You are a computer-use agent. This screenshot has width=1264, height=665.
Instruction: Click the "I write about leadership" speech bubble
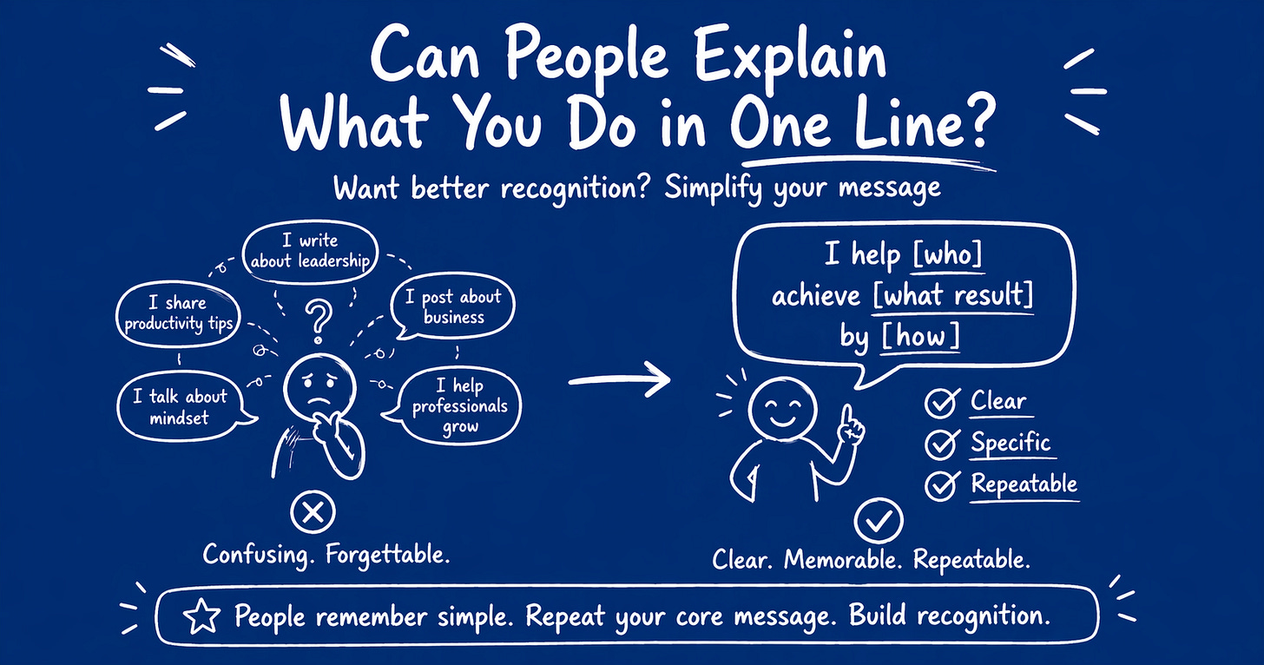[x=310, y=250]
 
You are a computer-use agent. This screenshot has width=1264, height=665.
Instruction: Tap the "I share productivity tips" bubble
[x=178, y=314]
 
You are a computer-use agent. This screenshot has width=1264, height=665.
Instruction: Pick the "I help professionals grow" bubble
[x=459, y=405]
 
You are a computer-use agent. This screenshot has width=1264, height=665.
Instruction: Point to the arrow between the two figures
[x=620, y=380]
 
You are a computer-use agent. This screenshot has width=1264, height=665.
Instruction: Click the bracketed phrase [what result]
[x=953, y=295]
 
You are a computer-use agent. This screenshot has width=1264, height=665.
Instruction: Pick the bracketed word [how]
[x=921, y=335]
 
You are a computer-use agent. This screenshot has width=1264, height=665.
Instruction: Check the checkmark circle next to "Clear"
[x=940, y=403]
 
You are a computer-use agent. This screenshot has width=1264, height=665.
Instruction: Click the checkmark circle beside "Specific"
[x=940, y=444]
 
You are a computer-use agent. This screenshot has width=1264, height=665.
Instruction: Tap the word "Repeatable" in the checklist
[x=1024, y=484]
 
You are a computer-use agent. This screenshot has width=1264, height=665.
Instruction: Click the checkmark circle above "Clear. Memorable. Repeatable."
[x=879, y=521]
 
